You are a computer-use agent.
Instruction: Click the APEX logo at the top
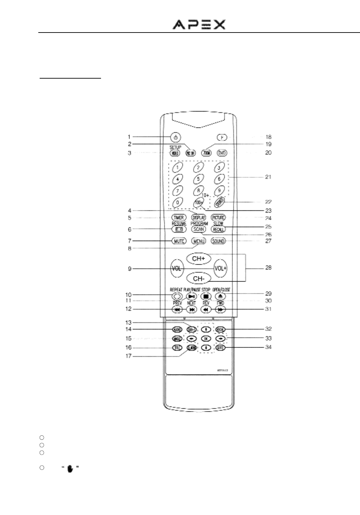point(199,24)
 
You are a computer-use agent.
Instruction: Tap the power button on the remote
point(175,137)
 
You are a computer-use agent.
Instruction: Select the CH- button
point(198,279)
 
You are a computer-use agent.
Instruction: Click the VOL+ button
point(220,268)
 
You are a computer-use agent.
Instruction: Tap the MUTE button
point(179,241)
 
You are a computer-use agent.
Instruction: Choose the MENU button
point(198,241)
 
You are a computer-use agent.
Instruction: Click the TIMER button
point(179,218)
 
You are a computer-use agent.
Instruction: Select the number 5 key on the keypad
point(198,178)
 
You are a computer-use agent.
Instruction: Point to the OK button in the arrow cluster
point(206,338)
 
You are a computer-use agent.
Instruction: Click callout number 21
point(268,177)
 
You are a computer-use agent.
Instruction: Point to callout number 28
point(268,268)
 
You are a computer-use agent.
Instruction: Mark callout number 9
point(129,269)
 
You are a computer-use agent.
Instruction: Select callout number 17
point(129,356)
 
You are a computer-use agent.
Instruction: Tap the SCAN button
point(198,229)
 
